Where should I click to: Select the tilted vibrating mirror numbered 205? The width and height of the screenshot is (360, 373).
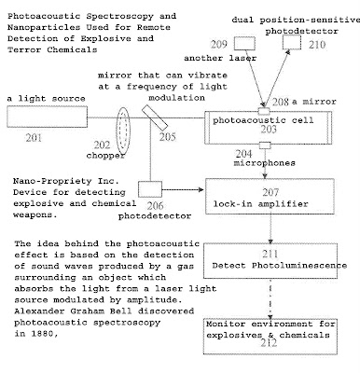[155, 117]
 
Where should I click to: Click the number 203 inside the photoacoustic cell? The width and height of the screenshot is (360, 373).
[269, 129]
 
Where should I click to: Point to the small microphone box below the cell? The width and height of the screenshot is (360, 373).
[265, 145]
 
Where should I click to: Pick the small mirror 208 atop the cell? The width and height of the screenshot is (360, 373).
[264, 111]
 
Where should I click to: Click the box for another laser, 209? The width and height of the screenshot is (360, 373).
[244, 43]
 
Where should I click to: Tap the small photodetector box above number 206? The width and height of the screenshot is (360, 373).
[150, 189]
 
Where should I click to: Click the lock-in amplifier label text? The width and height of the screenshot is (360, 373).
[260, 204]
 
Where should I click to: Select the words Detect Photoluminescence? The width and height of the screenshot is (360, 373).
[280, 266]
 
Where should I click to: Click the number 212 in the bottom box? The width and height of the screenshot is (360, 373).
[269, 343]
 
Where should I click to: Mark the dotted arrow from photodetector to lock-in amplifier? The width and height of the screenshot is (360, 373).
[183, 189]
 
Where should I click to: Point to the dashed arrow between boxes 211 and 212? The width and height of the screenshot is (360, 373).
[270, 298]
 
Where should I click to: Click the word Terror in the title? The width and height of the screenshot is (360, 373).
[24, 49]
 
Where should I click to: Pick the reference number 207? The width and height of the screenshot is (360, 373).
[270, 192]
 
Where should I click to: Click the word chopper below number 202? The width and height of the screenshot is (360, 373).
[105, 156]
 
